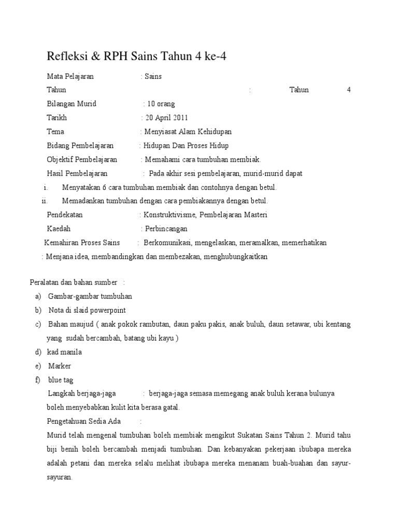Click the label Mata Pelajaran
pyautogui.click(x=70, y=76)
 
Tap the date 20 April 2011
pyautogui.click(x=167, y=118)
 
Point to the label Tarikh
pyautogui.click(x=56, y=118)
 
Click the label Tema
pyautogui.click(x=55, y=132)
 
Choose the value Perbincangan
pyautogui.click(x=166, y=229)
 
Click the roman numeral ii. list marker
pyautogui.click(x=44, y=201)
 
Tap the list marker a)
pyautogui.click(x=38, y=296)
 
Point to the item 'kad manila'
pyautogui.click(x=64, y=352)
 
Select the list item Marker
pyautogui.click(x=59, y=366)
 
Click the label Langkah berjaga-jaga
pyautogui.click(x=81, y=394)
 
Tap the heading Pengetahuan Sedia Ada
pyautogui.click(x=83, y=421)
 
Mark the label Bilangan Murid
pyautogui.click(x=72, y=104)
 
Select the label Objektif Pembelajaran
pyautogui.click(x=82, y=159)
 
